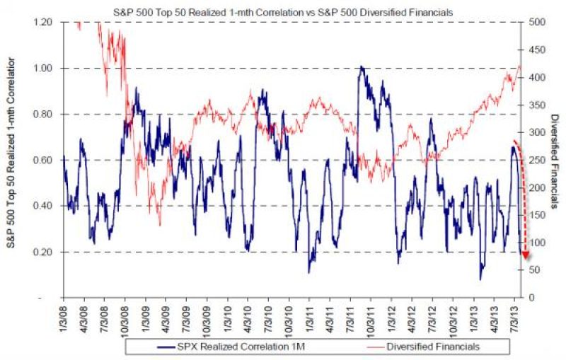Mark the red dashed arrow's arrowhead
coord(524,255)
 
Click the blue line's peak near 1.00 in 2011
coord(361,67)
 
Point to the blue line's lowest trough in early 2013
coord(480,279)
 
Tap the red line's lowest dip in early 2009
coord(160,225)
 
